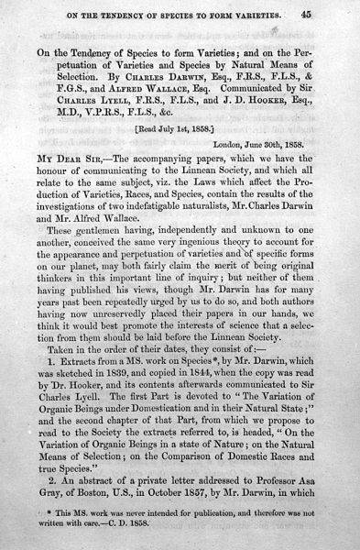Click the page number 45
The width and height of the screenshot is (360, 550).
(x=333, y=13)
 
